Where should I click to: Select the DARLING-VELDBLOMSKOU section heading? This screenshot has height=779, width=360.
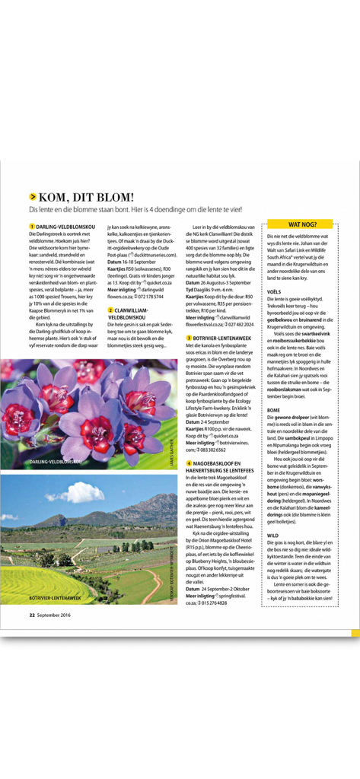pyautogui.click(x=65, y=227)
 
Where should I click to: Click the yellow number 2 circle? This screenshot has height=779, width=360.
pyautogui.click(x=111, y=310)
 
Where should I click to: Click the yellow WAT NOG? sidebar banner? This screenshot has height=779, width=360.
pyautogui.click(x=301, y=225)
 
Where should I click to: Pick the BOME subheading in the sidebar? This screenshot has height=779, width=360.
pyautogui.click(x=274, y=410)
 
